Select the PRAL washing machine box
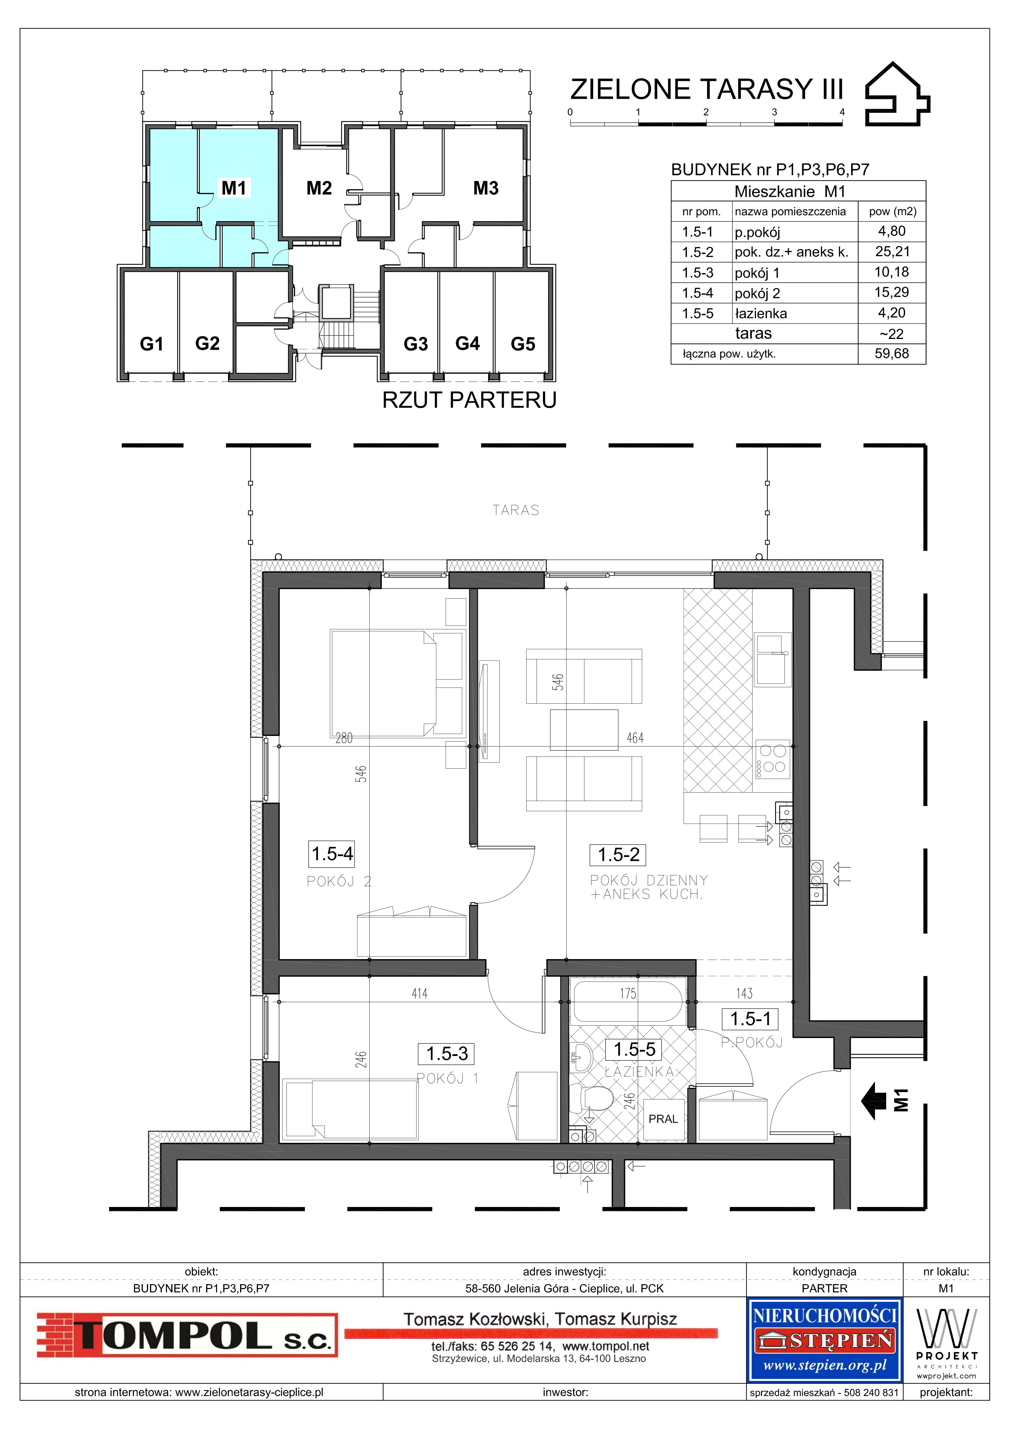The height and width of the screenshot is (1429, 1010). coord(663,1118)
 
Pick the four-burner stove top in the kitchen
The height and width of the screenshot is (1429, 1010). coord(772,760)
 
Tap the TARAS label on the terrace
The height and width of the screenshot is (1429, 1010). coord(516,510)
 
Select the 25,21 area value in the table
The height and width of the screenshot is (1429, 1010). coord(892,251)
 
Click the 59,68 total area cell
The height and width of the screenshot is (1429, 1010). coord(892,354)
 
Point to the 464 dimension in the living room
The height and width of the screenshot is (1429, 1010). coord(635,738)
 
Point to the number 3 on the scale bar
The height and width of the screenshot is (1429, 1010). coord(774,112)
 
